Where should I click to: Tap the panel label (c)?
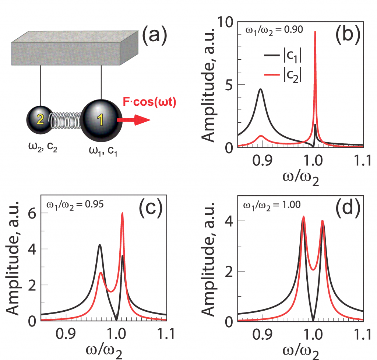coord(150,210)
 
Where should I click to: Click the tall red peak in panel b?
coord(315,55)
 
